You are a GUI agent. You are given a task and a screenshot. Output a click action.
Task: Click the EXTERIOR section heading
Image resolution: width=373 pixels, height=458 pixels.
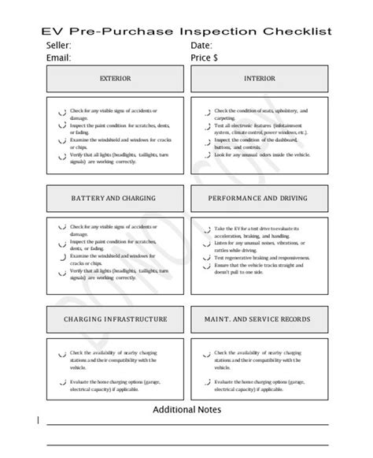tap(115, 79)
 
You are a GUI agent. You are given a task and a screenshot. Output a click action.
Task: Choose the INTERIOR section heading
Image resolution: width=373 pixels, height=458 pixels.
tap(259, 79)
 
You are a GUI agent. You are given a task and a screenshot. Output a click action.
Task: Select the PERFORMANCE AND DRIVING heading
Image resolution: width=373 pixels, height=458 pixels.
tap(259, 197)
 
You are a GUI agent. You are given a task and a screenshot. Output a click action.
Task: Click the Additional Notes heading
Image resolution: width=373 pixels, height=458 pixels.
tap(186, 410)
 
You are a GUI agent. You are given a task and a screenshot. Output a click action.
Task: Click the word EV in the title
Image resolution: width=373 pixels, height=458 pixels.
tap(53, 32)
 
